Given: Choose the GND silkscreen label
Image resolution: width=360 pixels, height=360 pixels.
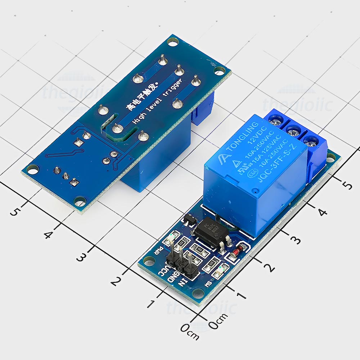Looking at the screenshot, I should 174,276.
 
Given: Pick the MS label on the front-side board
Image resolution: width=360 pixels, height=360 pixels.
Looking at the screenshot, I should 208,284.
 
